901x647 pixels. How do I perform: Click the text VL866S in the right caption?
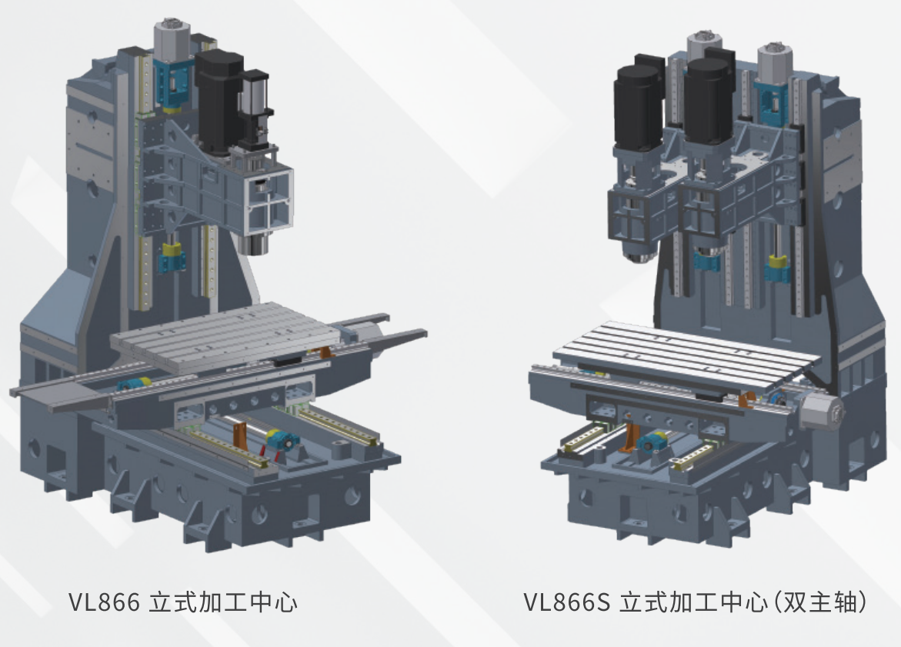coord(566,602)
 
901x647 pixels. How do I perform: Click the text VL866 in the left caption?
coord(104,602)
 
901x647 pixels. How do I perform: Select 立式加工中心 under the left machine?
coord(223,602)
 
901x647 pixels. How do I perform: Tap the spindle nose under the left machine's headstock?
coord(253,244)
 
